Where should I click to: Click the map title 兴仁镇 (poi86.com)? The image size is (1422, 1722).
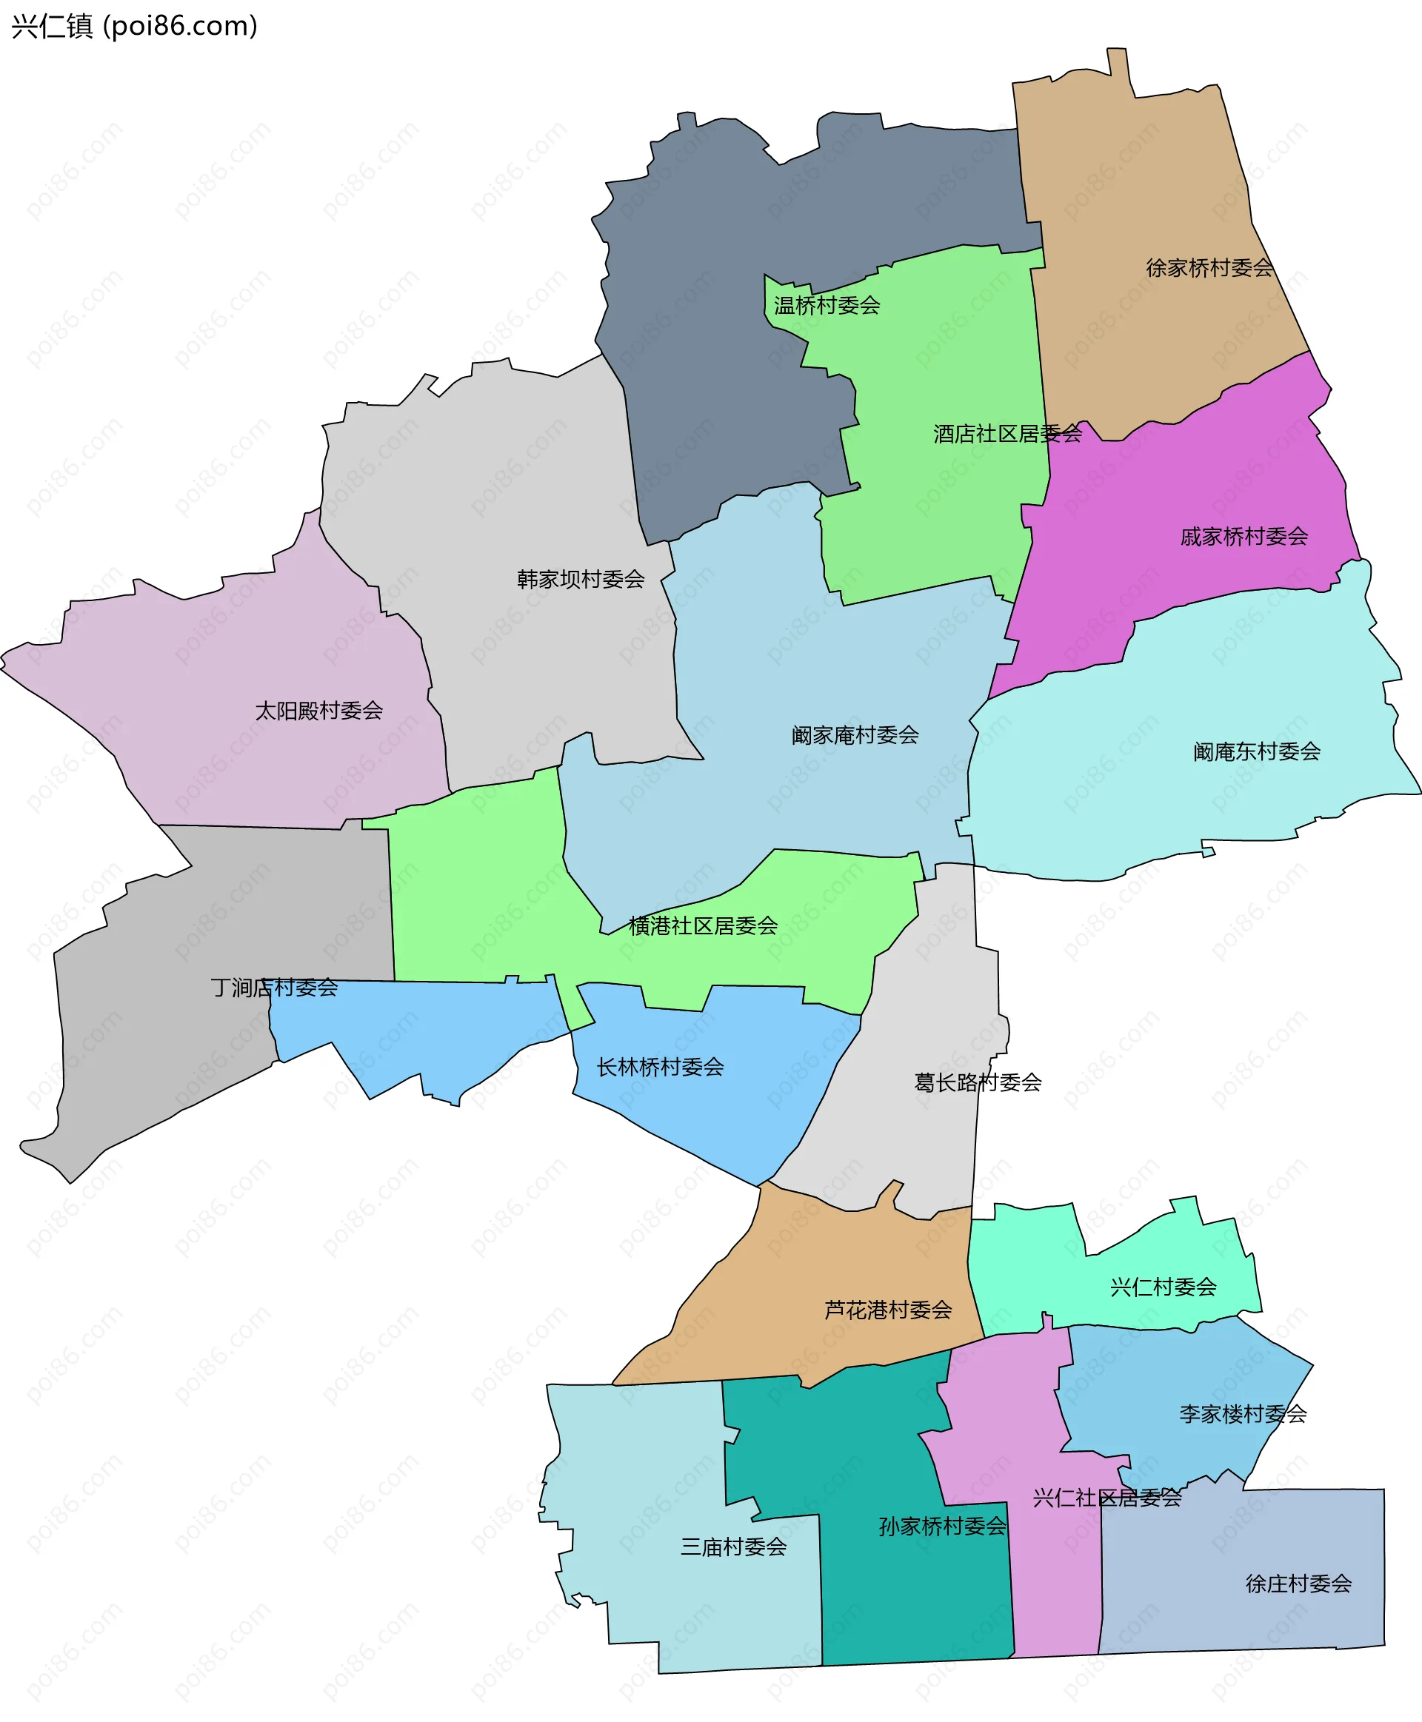(134, 26)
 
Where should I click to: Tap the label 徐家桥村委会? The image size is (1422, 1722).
(1209, 268)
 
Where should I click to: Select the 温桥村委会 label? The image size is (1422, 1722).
(827, 306)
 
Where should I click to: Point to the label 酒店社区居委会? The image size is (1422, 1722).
(1007, 433)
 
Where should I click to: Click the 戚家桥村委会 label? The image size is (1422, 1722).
(1244, 536)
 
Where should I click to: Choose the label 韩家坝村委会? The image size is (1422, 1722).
(580, 579)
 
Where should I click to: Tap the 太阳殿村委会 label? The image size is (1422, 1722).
(318, 710)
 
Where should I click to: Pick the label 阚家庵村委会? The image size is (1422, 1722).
(855, 734)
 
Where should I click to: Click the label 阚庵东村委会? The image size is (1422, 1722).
(1257, 751)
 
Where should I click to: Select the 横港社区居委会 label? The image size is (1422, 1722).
(703, 925)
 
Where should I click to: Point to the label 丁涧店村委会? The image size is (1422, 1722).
(275, 988)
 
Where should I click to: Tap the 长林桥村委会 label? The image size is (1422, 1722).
(660, 1067)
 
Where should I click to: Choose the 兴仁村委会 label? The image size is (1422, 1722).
(1164, 1287)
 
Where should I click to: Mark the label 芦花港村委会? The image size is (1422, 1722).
(888, 1310)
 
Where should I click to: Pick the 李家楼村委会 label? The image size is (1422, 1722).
(1243, 1413)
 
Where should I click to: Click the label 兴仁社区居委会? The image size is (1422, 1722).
(1106, 1498)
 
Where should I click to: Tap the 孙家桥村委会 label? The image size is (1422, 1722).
(942, 1527)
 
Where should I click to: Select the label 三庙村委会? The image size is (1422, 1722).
(733, 1547)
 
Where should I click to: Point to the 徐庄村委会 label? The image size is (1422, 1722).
(1298, 1584)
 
